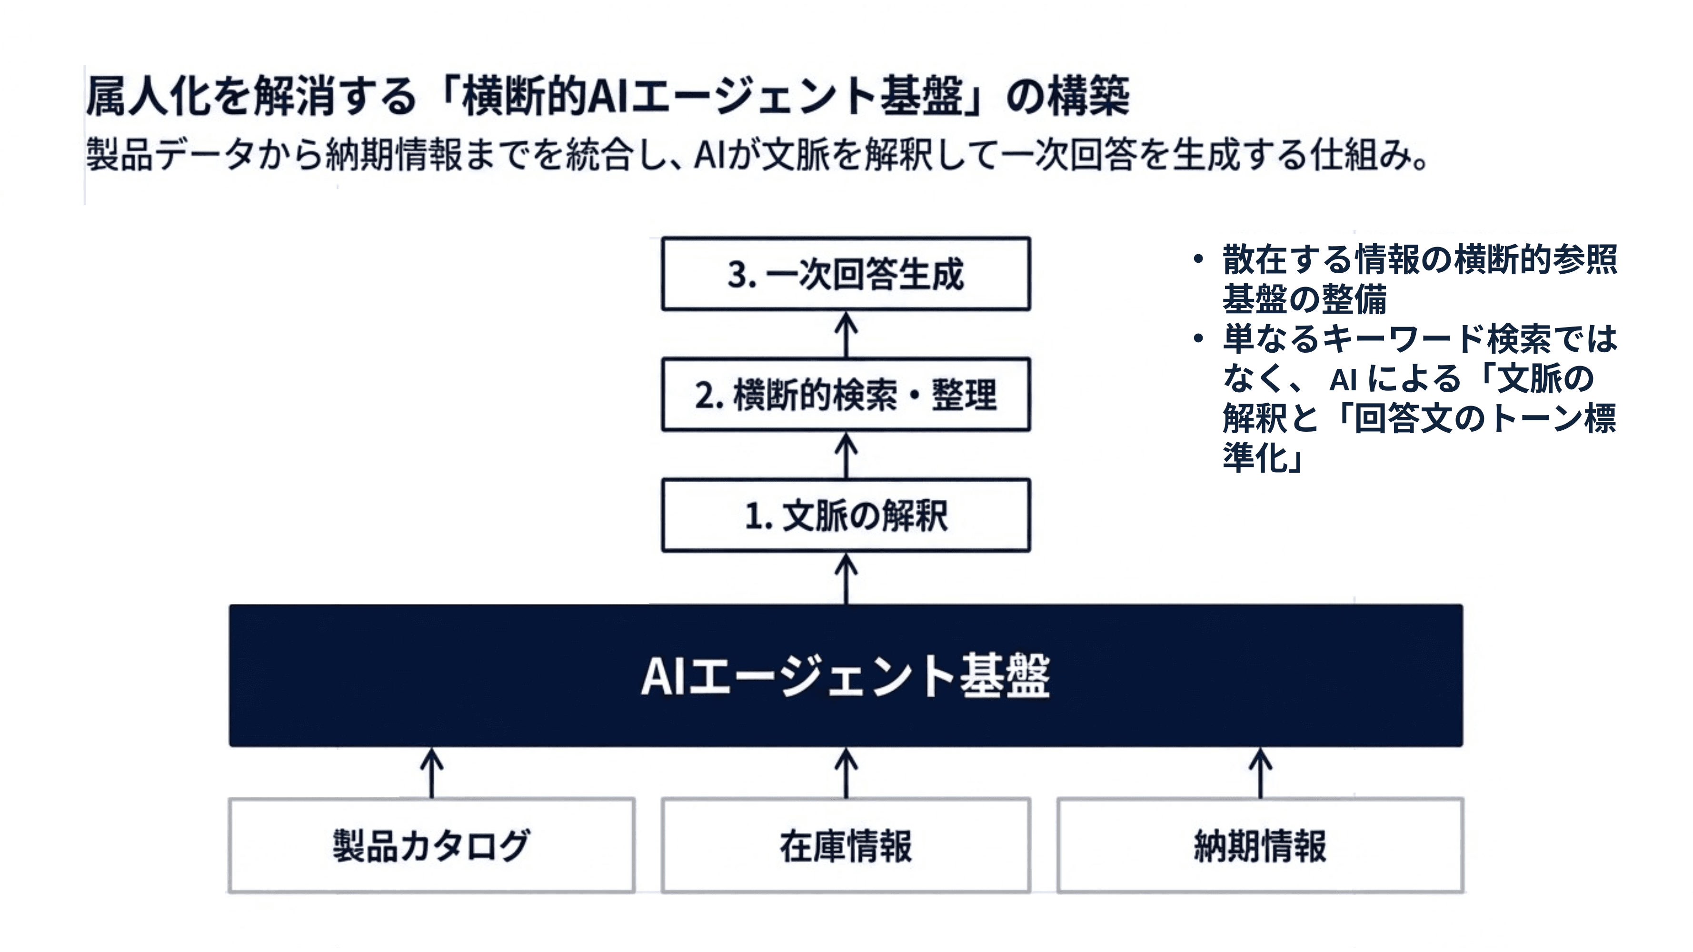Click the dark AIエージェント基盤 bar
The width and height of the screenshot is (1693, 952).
pos(846,675)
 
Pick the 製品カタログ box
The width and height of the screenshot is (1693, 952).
pos(431,845)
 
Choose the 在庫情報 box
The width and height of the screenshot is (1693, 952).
pos(846,845)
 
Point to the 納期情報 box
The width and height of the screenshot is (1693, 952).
pos(1260,845)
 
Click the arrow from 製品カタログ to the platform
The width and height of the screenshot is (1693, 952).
pos(431,773)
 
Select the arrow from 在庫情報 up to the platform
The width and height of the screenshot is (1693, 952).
pos(846,773)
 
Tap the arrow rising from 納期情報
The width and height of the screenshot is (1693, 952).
pos(1260,773)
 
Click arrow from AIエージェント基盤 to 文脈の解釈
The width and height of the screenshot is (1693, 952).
pos(846,578)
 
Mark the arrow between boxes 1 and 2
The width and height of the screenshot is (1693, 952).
pos(846,456)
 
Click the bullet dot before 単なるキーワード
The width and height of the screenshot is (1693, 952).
pos(1198,338)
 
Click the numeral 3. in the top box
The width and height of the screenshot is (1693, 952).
pos(741,275)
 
